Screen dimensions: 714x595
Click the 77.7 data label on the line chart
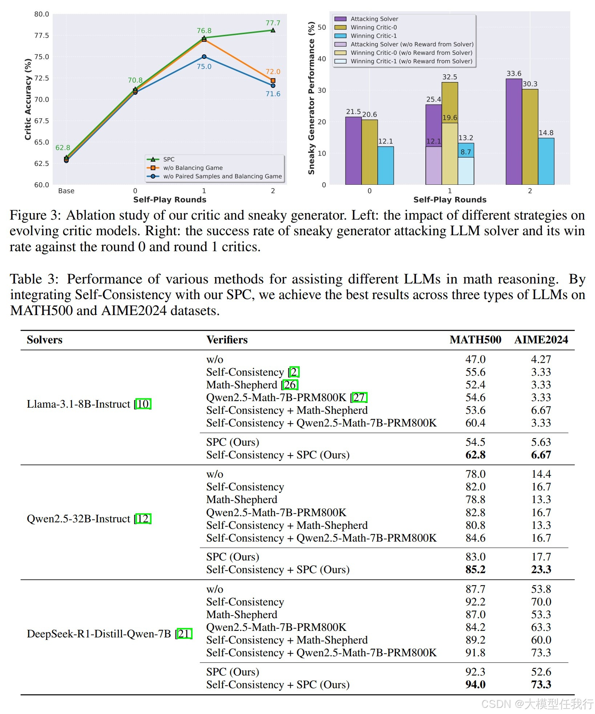[273, 23]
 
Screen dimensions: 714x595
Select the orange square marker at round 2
[273, 81]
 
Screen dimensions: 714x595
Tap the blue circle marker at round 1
[204, 57]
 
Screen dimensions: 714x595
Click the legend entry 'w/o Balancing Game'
[193, 168]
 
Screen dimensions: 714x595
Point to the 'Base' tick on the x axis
[66, 191]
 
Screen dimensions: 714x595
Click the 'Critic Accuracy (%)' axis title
[28, 99]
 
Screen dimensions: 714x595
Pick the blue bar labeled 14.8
[546, 161]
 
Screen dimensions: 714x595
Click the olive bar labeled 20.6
[369, 152]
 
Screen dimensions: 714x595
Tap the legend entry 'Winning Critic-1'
[373, 36]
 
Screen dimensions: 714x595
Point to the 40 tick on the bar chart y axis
[322, 59]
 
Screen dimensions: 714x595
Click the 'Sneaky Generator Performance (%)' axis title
[311, 98]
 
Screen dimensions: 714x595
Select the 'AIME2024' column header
[541, 340]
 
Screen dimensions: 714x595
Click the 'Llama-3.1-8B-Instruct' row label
[78, 404]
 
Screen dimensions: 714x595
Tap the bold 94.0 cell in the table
[475, 685]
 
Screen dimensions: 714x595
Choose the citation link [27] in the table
[359, 397]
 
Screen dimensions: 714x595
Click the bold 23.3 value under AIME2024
[541, 570]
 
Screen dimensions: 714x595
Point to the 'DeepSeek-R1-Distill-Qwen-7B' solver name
[99, 634]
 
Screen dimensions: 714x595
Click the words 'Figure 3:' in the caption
[35, 215]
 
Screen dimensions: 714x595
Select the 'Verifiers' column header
[227, 340]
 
